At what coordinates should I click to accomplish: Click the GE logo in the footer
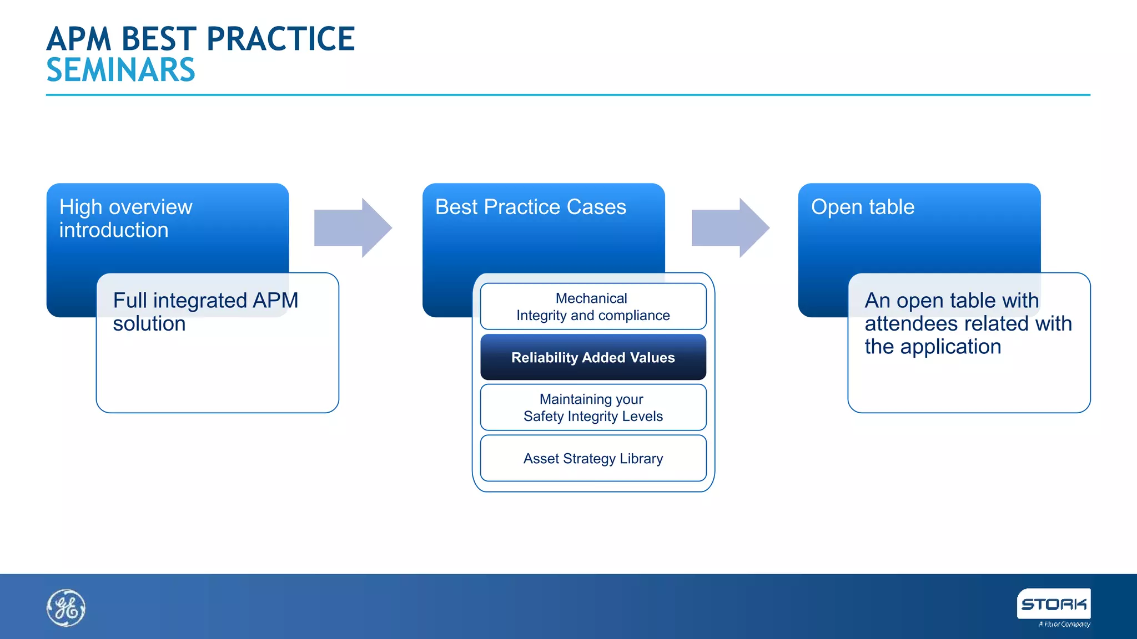[x=66, y=608]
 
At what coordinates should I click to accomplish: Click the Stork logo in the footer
[x=1053, y=604]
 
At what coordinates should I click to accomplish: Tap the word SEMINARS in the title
[x=120, y=70]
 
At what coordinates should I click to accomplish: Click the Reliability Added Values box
[x=593, y=358]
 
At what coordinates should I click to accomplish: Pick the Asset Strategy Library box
[x=593, y=459]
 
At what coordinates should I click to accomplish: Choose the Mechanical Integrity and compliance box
[x=593, y=307]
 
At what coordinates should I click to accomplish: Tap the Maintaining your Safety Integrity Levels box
[x=593, y=408]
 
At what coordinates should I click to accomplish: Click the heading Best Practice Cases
[x=530, y=207]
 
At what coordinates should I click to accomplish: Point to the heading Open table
[x=862, y=207]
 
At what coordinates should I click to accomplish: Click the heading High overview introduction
[x=125, y=218]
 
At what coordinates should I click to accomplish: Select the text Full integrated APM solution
[x=205, y=312]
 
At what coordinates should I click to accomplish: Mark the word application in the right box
[x=950, y=347]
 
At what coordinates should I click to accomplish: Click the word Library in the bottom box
[x=641, y=459]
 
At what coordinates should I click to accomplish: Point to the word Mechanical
[x=591, y=298]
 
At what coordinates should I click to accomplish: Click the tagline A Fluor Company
[x=1064, y=625]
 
